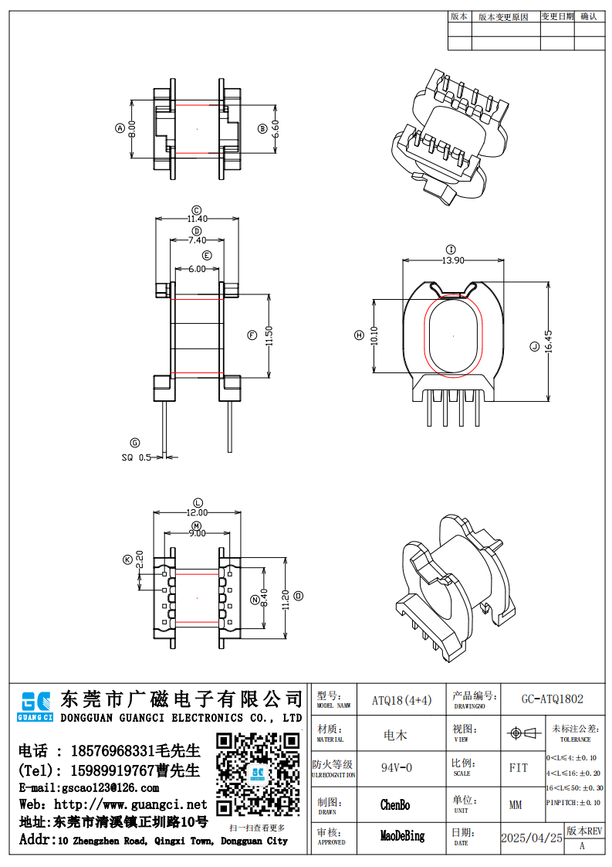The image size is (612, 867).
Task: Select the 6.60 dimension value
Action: tap(276, 128)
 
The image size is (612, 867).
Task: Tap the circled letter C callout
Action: tap(197, 209)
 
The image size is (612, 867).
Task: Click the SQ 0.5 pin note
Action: tap(137, 457)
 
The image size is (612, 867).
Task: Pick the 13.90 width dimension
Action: tap(452, 260)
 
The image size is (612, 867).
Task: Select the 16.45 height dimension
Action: tap(549, 342)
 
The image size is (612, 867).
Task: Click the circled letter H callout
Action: tap(359, 335)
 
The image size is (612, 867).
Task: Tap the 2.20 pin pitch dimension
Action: tap(140, 559)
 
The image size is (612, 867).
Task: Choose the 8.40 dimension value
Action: tap(265, 597)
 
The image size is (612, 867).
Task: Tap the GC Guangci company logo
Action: tap(36, 705)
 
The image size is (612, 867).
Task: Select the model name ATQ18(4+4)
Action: tap(402, 700)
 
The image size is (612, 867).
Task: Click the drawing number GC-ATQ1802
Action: tap(552, 699)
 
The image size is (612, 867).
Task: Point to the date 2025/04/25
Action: tap(532, 838)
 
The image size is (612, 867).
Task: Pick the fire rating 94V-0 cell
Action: tap(397, 768)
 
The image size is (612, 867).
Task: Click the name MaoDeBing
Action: tap(402, 836)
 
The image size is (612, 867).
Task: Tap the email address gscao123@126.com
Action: tap(89, 788)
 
